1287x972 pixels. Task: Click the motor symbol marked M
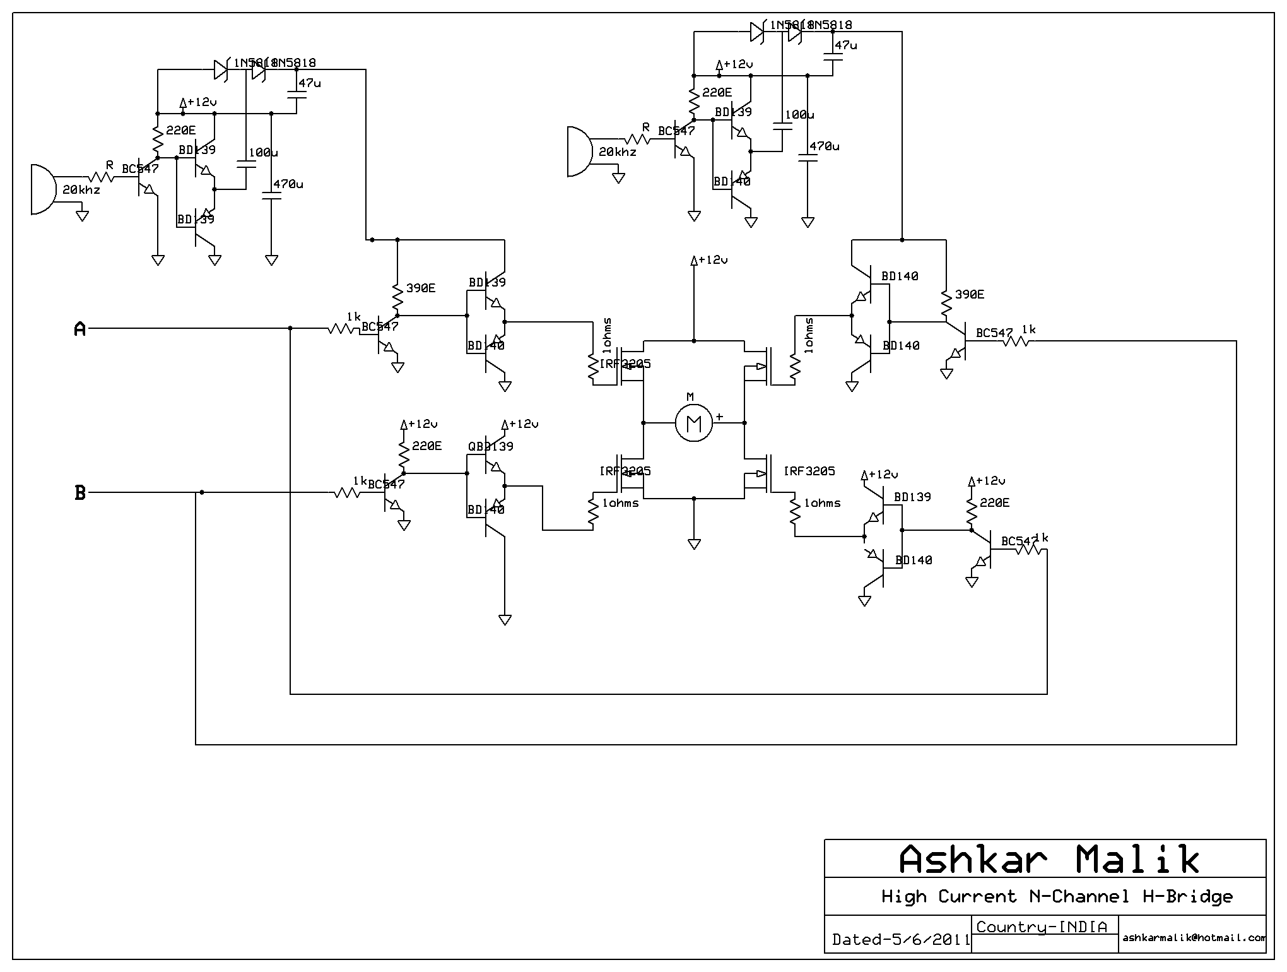693,423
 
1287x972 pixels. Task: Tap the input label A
80,329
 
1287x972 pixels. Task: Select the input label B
80,493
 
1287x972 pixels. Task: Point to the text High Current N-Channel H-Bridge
1057,896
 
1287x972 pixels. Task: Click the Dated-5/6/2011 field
900,939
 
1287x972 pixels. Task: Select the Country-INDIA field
1042,927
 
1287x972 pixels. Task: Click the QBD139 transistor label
491,446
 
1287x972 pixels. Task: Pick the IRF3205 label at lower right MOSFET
809,471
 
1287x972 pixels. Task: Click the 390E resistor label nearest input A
421,288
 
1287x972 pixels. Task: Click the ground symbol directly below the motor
694,543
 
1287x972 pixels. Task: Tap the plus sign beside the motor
719,417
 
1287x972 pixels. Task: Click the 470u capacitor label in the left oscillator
288,184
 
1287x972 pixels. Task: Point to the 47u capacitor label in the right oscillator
845,45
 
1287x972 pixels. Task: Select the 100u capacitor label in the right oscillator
799,115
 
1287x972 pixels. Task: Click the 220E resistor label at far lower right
994,503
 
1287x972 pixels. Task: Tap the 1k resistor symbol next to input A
344,328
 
